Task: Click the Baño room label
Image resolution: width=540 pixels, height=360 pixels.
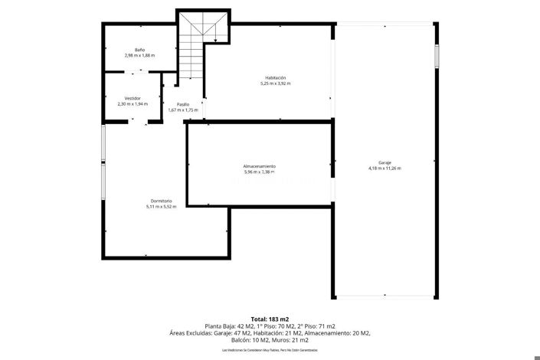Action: (x=139, y=50)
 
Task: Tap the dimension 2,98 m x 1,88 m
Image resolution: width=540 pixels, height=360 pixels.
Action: (x=139, y=56)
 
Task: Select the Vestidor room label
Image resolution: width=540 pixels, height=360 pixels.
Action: (x=133, y=98)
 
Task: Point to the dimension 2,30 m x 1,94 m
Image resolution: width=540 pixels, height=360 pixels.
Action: (x=133, y=104)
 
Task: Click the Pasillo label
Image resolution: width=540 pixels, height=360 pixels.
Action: (x=183, y=104)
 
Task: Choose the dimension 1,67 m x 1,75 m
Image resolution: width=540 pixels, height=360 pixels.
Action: (x=183, y=110)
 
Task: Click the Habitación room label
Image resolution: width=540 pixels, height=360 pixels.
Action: (x=276, y=77)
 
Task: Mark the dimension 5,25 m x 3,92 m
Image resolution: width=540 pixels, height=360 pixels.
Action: (x=276, y=83)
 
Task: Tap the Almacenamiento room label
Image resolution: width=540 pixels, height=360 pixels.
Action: (x=260, y=166)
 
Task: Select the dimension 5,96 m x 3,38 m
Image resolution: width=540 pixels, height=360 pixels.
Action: (x=260, y=172)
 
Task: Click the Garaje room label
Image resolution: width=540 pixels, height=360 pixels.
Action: (x=385, y=162)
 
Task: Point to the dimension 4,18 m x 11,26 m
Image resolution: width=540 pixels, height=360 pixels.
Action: (x=385, y=169)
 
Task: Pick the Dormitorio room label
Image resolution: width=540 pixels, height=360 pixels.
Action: (x=161, y=201)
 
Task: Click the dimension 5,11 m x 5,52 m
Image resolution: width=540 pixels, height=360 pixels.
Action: (x=161, y=207)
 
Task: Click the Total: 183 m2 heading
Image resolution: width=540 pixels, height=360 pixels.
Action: (x=270, y=319)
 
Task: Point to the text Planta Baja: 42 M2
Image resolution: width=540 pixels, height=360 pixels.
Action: (x=227, y=326)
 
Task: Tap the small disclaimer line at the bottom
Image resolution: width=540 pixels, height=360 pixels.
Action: (x=270, y=349)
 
